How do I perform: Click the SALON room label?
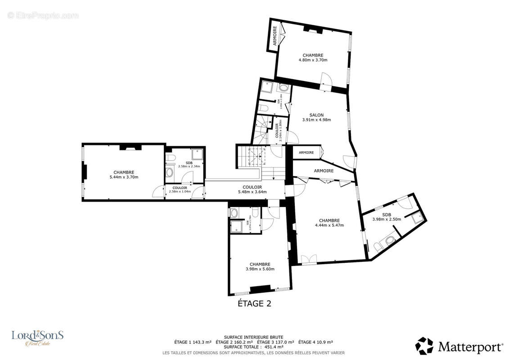tap(316, 115)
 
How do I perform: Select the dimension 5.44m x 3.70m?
tap(123, 177)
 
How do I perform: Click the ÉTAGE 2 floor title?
tap(254, 303)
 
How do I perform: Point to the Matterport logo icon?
tap(424, 346)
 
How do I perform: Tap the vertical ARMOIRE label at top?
tap(275, 35)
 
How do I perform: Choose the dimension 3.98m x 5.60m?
tap(260, 269)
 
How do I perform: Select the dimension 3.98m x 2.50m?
tap(387, 219)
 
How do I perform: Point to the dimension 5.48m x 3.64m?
tap(252, 192)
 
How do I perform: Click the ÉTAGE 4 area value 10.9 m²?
tap(323, 342)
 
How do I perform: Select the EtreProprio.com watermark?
tap(43, 16)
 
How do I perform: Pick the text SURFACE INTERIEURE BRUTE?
tap(253, 337)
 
